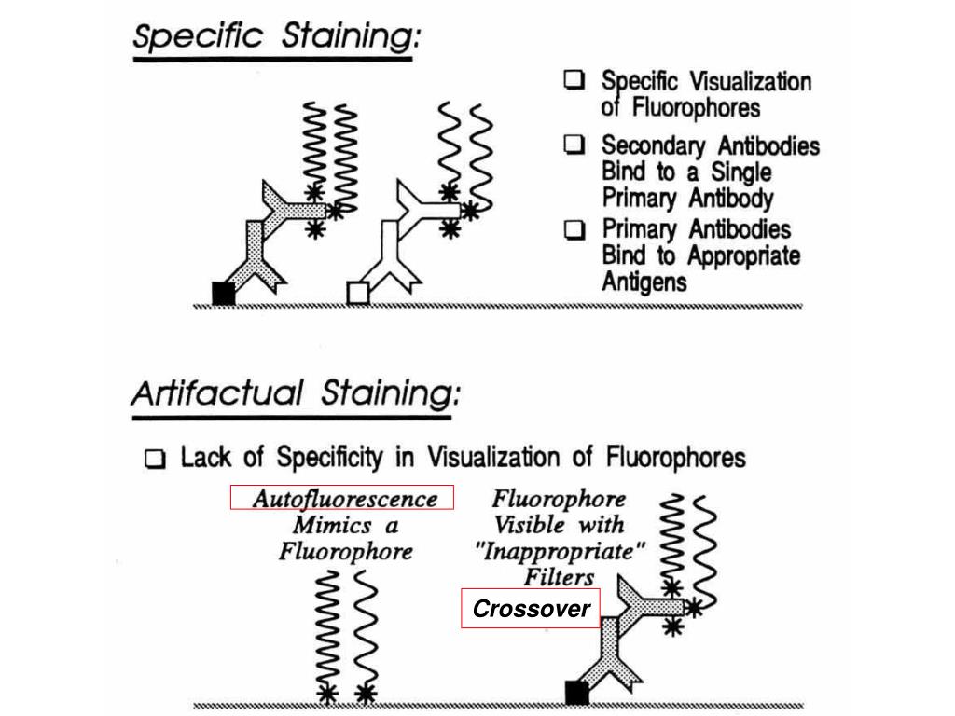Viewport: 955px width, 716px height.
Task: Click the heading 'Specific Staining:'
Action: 276,39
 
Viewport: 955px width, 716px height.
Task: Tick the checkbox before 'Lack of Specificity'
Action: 157,459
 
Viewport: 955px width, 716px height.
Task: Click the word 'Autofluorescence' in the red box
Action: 344,499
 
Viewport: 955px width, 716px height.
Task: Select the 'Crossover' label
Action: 531,610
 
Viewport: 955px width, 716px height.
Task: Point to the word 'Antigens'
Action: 644,282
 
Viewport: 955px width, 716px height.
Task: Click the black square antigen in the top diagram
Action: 224,293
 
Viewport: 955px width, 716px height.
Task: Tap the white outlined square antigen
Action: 358,293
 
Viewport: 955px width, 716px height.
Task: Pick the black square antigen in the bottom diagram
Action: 577,692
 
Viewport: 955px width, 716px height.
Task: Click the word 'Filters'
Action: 559,577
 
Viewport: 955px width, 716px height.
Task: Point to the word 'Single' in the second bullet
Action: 741,172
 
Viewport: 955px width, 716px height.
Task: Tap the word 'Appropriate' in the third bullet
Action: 744,255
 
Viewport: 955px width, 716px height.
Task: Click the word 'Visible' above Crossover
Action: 529,525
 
